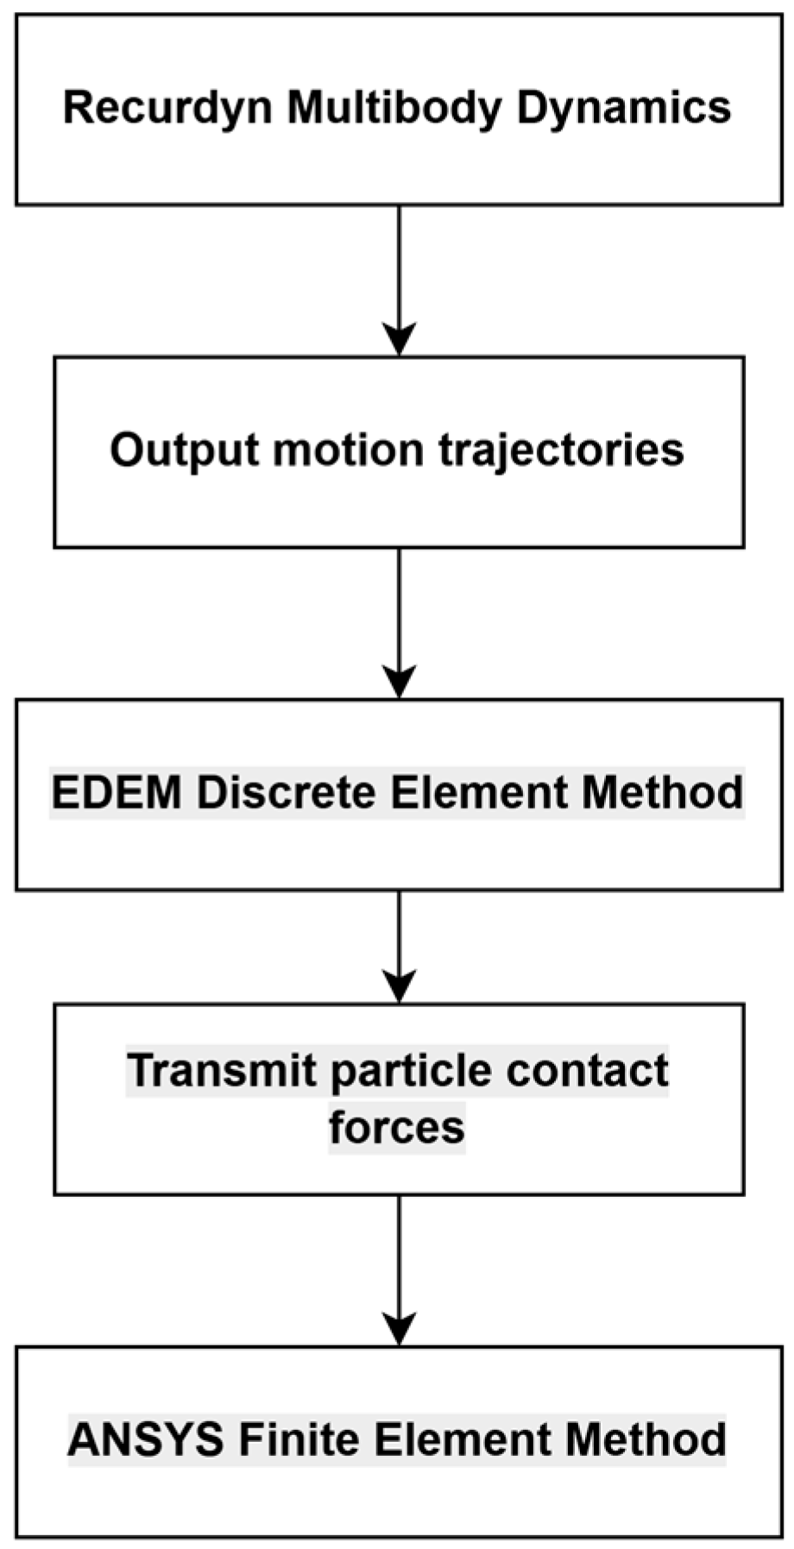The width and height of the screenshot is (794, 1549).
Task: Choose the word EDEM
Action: pyautogui.click(x=117, y=791)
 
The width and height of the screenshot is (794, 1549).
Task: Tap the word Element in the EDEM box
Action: pyautogui.click(x=479, y=791)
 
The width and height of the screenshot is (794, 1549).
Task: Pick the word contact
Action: pyautogui.click(x=587, y=1070)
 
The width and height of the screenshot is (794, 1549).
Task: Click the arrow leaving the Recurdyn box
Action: pyautogui.click(x=399, y=280)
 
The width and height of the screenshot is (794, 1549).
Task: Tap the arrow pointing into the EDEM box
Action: pyautogui.click(x=399, y=623)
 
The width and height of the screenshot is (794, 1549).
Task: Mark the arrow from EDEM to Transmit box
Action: pyautogui.click(x=399, y=947)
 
